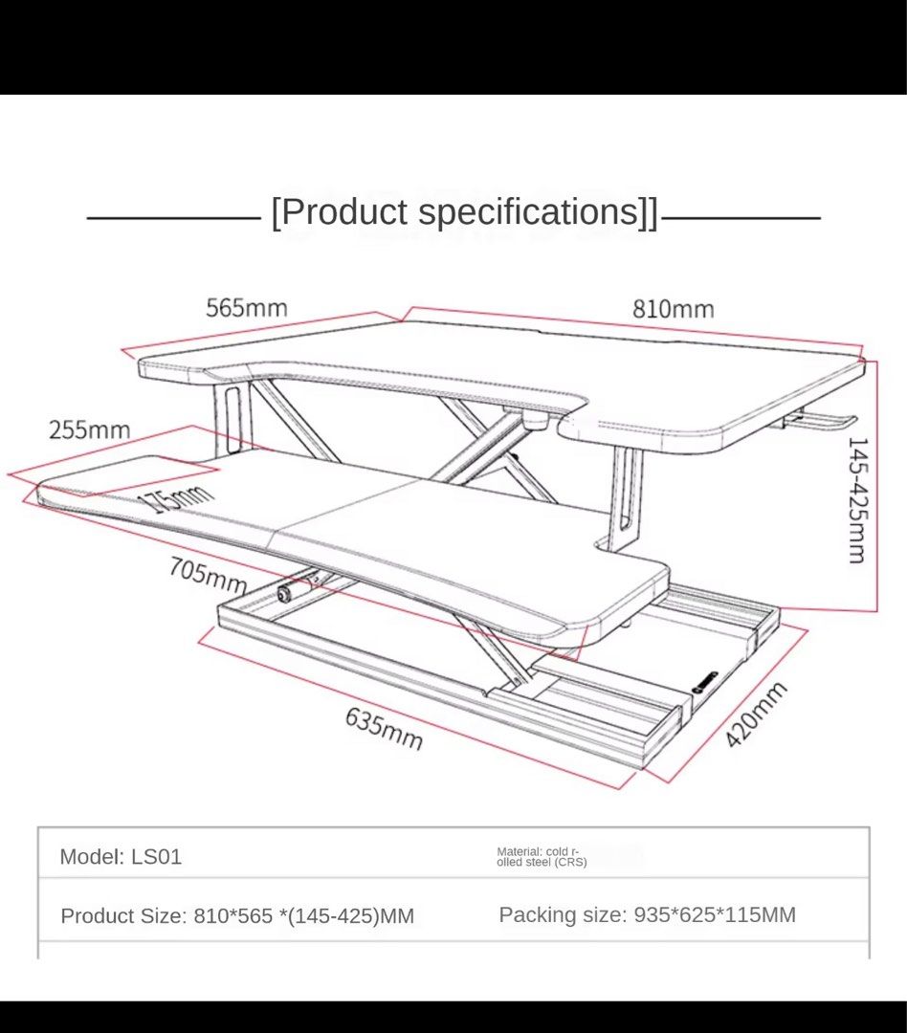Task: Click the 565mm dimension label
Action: click(x=247, y=308)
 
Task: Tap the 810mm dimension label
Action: click(x=673, y=309)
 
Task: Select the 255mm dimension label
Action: click(x=90, y=430)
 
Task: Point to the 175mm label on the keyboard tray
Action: click(x=178, y=496)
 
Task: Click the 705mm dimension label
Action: click(x=208, y=575)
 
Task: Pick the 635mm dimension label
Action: click(x=384, y=729)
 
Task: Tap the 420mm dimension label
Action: click(x=756, y=714)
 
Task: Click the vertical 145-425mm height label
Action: click(x=857, y=500)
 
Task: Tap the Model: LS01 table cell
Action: click(x=121, y=856)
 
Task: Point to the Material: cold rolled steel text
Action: click(x=542, y=856)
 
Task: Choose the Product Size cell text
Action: click(x=237, y=915)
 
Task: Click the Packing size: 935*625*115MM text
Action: click(x=648, y=914)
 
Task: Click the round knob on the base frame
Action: click(x=285, y=594)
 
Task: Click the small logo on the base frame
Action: click(x=704, y=682)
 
